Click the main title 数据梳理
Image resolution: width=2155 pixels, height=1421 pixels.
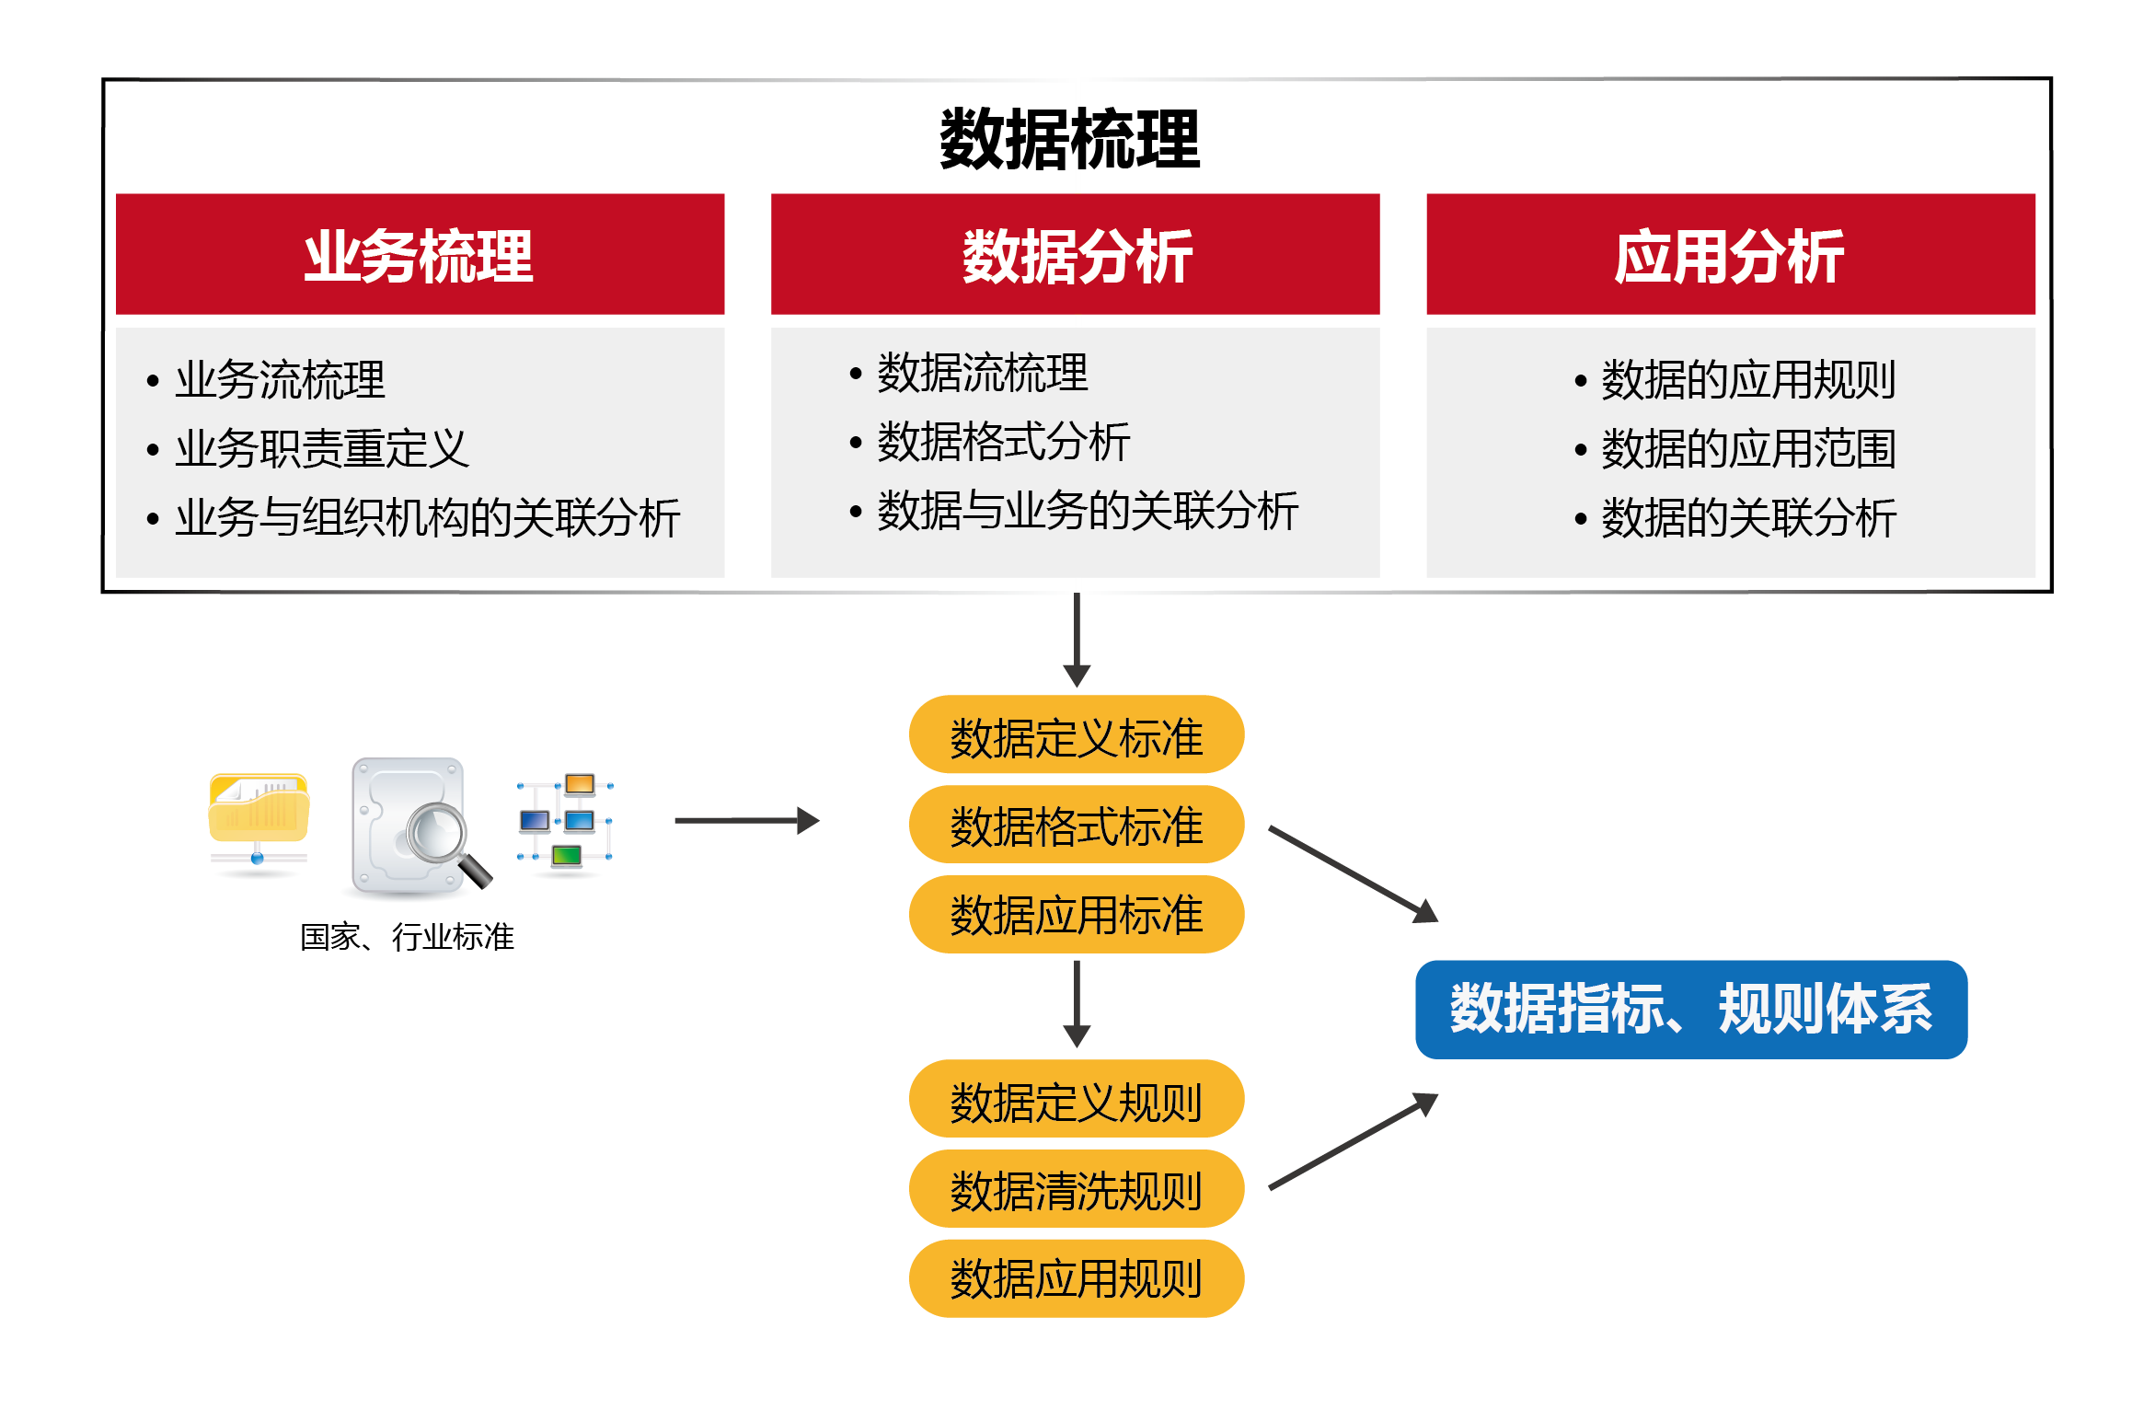pos(1069,139)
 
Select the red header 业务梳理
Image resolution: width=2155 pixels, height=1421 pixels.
pos(420,254)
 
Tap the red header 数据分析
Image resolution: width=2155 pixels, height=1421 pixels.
pos(1075,254)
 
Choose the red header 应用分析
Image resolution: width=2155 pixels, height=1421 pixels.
pos(1730,254)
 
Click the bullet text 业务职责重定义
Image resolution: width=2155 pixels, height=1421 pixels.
pos(322,448)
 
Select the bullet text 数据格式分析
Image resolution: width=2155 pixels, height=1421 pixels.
pos(1004,442)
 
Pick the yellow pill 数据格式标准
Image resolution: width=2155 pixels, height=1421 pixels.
pos(1077,824)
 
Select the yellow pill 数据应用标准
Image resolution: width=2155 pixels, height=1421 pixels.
pos(1077,914)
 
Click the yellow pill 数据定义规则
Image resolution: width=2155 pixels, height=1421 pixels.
pos(1077,1099)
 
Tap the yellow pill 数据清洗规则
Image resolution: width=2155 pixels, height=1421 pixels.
pos(1077,1188)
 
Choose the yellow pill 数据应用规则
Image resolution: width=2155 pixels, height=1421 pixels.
pos(1077,1278)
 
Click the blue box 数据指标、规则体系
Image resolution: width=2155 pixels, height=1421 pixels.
pos(1691,1010)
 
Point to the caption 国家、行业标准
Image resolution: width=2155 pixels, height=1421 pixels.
pos(407,937)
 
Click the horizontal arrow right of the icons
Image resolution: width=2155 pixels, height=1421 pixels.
pos(747,820)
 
